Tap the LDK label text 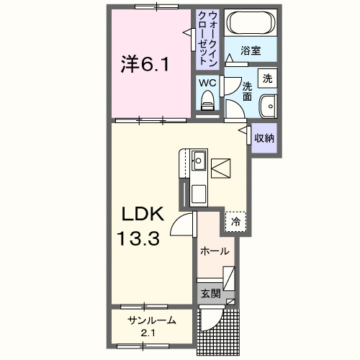click(143, 214)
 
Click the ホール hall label click(215, 251)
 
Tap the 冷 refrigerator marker click(235, 222)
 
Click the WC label click(207, 83)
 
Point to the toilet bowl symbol click(208, 105)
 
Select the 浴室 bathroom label click(250, 52)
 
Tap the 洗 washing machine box click(267, 78)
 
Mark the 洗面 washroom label click(247, 90)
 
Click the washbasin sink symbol click(269, 104)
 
